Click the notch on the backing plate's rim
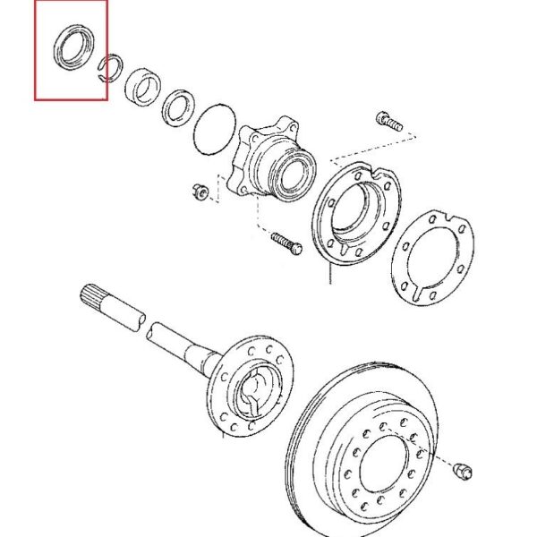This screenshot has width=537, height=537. [379, 175]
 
